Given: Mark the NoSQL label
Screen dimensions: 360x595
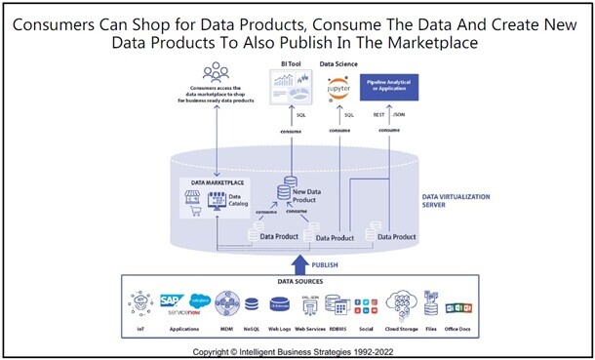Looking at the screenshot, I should tap(252, 330).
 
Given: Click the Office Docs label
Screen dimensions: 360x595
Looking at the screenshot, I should tap(458, 330).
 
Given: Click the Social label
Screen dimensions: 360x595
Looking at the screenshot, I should tap(367, 330).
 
